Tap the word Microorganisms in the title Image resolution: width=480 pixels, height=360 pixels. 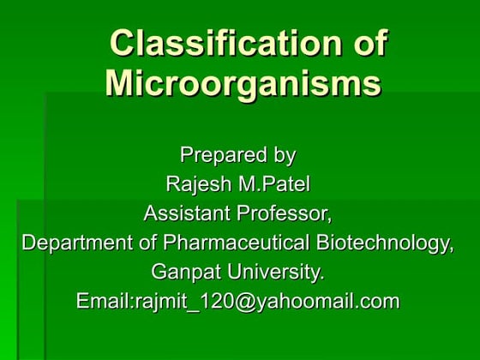[242, 84]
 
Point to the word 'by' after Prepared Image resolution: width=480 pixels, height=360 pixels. [283, 155]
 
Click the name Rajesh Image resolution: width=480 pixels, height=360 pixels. [196, 184]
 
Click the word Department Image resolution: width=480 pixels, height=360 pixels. [74, 243]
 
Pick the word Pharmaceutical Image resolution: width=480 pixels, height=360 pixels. [227, 243]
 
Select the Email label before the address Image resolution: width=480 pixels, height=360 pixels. [104, 301]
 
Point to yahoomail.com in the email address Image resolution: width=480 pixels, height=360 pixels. [325, 301]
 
